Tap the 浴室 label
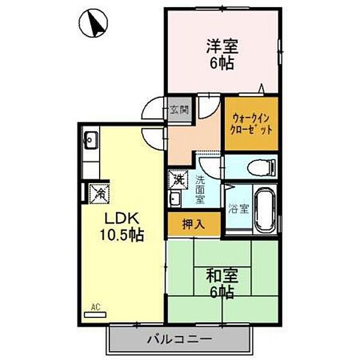coord(238,209)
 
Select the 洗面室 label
coord(200,188)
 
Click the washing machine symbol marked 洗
coord(178,179)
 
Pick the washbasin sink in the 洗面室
coord(175,199)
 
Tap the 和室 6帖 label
coord(223,284)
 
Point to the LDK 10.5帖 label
coord(121,225)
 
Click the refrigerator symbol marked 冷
coord(100,193)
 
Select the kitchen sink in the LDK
coord(91,142)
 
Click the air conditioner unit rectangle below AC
coord(94,314)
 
